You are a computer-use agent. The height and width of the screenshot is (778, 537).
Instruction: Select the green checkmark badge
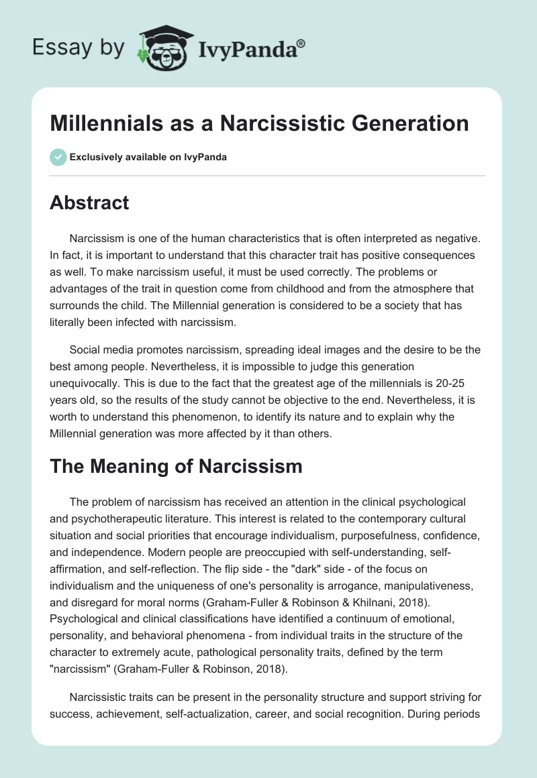(x=58, y=157)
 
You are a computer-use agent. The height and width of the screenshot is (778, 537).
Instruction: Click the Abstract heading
(x=89, y=203)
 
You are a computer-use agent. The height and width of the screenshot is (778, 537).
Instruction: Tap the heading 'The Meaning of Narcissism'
(x=176, y=467)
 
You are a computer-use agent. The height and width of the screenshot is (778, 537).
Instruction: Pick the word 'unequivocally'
(x=88, y=384)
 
